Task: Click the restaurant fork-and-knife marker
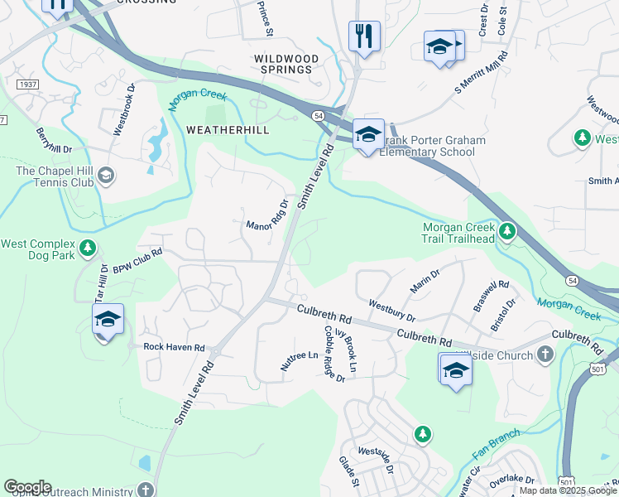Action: coord(364,36)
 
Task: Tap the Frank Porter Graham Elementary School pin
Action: coord(368,135)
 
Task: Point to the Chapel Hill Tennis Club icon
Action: coord(106,175)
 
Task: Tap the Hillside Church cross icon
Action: coord(545,355)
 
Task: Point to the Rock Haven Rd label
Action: coord(174,347)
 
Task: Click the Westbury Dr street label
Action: coord(392,311)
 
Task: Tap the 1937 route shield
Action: coord(26,84)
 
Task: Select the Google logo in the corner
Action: coord(27,487)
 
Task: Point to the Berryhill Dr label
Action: coord(53,142)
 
